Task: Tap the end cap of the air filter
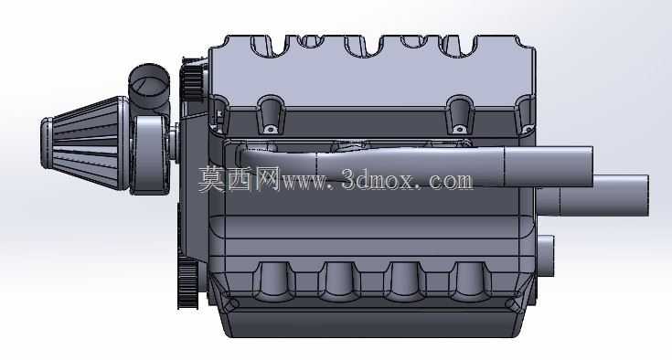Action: click(x=47, y=143)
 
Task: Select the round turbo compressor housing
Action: click(x=149, y=155)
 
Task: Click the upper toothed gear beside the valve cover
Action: click(x=191, y=82)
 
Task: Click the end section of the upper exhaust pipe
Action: click(x=549, y=166)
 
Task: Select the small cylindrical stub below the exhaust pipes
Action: click(x=545, y=256)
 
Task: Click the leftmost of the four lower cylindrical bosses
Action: click(x=273, y=281)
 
